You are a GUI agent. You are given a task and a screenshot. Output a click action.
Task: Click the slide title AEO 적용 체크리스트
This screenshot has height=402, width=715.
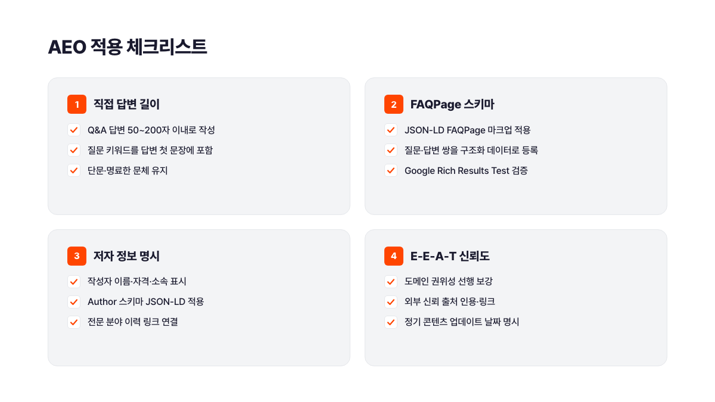(x=128, y=47)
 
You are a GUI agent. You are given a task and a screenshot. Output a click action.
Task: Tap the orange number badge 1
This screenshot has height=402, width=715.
(x=77, y=104)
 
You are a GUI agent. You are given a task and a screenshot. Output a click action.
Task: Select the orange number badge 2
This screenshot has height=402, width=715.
(x=394, y=104)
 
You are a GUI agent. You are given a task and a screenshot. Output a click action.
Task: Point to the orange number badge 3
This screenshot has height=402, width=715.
(x=77, y=256)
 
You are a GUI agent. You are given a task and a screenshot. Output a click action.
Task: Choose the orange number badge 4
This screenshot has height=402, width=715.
(x=394, y=256)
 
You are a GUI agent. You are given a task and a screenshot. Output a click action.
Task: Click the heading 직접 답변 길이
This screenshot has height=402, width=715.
(x=126, y=104)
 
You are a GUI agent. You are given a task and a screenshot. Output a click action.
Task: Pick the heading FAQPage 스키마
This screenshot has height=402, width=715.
(x=452, y=104)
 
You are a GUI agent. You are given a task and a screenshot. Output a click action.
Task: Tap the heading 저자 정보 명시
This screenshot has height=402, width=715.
(x=126, y=256)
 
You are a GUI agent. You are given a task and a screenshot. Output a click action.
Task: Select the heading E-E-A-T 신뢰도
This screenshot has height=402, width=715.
(x=450, y=256)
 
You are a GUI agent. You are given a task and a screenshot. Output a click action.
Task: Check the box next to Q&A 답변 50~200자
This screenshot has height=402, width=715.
(x=74, y=130)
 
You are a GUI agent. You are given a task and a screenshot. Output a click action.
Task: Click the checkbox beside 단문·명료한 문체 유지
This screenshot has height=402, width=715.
(x=74, y=170)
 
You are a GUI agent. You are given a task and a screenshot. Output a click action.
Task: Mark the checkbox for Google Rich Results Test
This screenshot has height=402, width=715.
(x=391, y=170)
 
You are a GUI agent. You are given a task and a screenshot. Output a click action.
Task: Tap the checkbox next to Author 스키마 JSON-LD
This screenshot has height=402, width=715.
(x=74, y=301)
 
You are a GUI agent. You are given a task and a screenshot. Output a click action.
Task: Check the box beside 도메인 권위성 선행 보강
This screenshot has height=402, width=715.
(x=391, y=281)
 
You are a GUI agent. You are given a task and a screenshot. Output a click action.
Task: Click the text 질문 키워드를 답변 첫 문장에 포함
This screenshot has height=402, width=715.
(x=150, y=150)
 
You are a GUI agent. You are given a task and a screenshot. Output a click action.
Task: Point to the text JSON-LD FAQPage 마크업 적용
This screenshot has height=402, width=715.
(x=467, y=130)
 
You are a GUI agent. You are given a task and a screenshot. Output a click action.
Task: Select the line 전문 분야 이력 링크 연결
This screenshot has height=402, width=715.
(x=133, y=322)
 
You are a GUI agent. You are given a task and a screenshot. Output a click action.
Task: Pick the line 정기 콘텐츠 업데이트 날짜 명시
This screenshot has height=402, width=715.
(x=462, y=322)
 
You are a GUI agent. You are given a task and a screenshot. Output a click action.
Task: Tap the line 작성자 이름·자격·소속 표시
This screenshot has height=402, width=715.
(x=137, y=281)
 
